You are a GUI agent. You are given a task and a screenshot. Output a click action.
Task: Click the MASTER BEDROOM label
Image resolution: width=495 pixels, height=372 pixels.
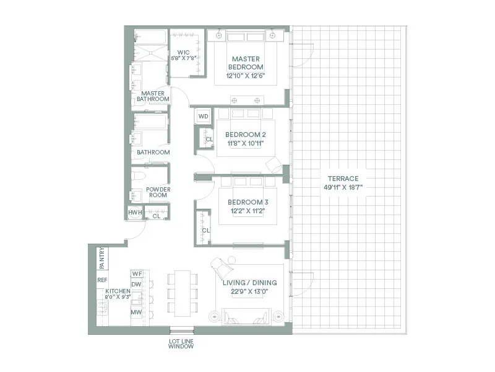point(246,63)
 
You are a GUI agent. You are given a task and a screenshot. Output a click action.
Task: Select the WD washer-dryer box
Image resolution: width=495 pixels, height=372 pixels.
point(203,117)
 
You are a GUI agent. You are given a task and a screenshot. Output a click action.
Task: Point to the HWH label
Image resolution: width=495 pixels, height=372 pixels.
point(135,213)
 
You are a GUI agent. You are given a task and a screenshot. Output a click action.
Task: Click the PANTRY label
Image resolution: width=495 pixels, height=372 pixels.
point(102,257)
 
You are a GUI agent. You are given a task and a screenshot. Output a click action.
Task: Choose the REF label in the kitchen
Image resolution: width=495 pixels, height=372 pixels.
point(102,280)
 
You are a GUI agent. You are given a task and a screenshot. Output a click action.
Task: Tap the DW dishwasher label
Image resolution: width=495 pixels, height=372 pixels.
point(137,285)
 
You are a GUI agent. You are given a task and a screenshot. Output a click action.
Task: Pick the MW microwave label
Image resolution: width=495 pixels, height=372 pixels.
point(136,312)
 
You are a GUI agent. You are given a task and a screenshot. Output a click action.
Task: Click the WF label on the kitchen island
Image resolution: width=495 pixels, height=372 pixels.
point(137,273)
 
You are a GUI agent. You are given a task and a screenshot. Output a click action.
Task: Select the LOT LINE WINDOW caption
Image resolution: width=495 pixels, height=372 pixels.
point(181,343)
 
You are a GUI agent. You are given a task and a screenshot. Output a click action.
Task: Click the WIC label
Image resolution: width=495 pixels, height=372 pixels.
point(183,52)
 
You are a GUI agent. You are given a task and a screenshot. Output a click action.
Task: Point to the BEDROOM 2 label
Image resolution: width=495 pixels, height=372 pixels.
point(246,135)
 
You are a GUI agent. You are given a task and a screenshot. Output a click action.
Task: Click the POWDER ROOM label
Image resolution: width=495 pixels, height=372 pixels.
point(158,192)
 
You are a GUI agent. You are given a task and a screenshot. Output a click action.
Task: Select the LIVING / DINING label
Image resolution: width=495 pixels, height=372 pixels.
point(249,283)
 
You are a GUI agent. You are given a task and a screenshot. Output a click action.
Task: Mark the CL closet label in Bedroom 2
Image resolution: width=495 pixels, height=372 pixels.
point(209,139)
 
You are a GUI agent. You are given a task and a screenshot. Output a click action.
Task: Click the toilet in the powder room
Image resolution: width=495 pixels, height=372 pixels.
point(138,176)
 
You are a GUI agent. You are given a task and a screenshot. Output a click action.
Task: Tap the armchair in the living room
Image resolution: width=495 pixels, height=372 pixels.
point(222,268)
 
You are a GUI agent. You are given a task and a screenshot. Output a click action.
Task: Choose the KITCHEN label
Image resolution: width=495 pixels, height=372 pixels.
point(118,291)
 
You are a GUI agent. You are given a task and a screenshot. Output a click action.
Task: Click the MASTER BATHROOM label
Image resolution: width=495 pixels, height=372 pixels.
point(153,96)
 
